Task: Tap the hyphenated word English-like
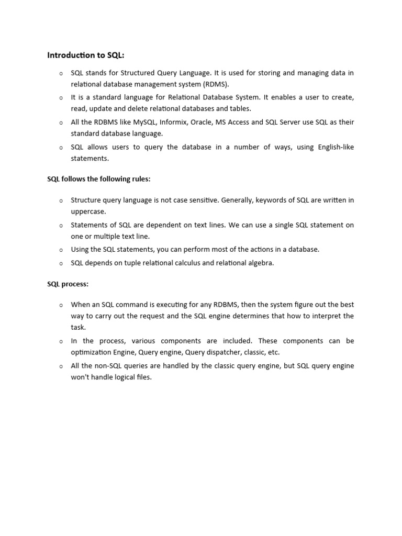tap(336, 147)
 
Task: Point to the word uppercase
tap(88, 211)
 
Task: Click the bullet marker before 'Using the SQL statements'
tap(61, 250)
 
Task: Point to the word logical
tap(126, 377)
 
